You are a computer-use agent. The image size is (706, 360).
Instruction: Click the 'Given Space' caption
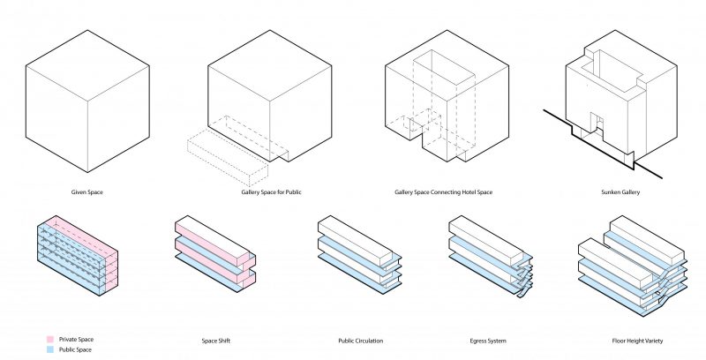pos(87,191)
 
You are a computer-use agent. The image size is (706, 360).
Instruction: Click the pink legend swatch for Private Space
pos(49,339)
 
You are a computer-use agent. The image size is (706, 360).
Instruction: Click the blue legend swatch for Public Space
pos(49,349)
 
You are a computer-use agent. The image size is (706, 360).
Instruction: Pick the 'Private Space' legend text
pos(76,339)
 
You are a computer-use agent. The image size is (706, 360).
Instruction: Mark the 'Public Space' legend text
pos(75,349)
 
